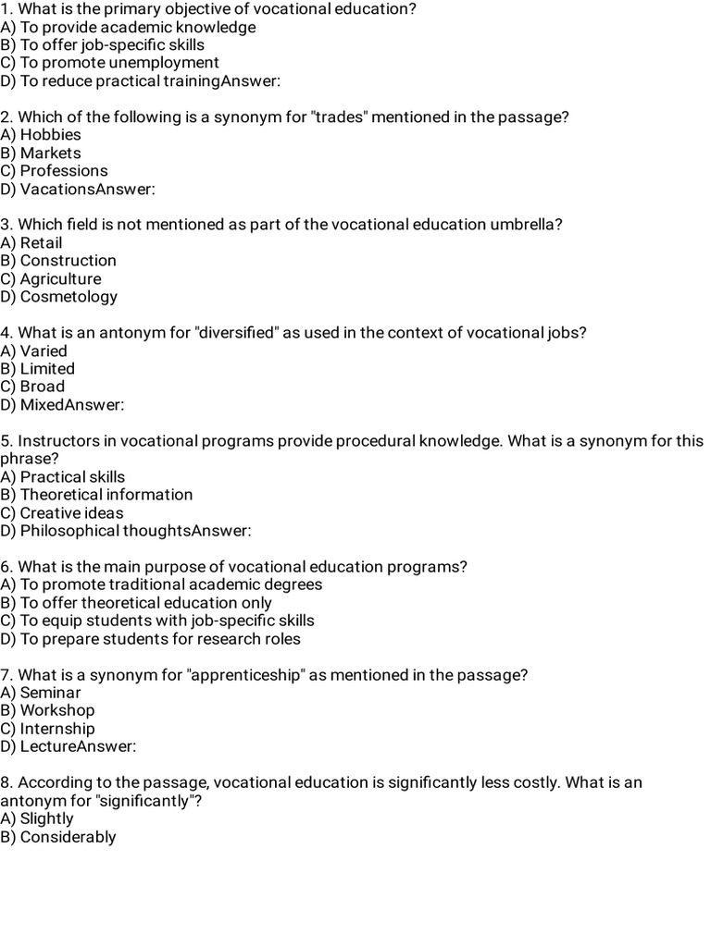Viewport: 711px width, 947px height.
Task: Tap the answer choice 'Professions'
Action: pyautogui.click(x=63, y=171)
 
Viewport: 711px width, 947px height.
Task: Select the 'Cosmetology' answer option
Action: pyautogui.click(x=69, y=297)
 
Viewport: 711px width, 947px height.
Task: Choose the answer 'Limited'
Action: pyautogui.click(x=47, y=369)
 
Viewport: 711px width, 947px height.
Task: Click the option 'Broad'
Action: pyautogui.click(x=43, y=387)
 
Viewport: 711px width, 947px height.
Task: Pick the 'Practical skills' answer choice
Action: pyautogui.click(x=72, y=477)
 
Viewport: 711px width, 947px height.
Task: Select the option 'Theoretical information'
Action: pyautogui.click(x=106, y=495)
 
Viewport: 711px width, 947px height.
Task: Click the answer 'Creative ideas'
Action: pyautogui.click(x=71, y=513)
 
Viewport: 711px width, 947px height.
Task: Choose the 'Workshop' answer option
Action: pyautogui.click(x=57, y=710)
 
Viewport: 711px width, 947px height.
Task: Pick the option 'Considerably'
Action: pyautogui.click(x=68, y=837)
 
